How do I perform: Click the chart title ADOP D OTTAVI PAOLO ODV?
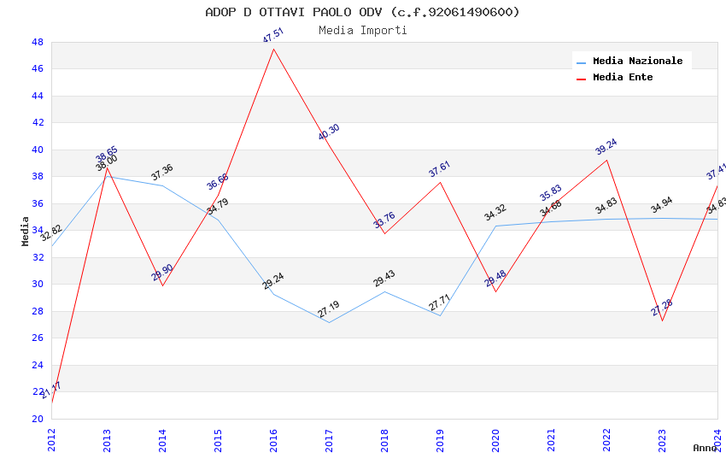362,12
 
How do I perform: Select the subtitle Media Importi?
362,31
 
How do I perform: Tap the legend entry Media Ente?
623,78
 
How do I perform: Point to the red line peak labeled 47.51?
273,49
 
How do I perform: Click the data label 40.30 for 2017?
329,132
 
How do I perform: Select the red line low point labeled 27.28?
662,320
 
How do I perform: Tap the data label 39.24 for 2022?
606,146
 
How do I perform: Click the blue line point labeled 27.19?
329,322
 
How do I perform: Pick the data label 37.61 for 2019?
440,168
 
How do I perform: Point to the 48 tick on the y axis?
38,42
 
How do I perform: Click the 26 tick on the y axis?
38,338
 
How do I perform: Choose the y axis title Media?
26,231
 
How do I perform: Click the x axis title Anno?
705,448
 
